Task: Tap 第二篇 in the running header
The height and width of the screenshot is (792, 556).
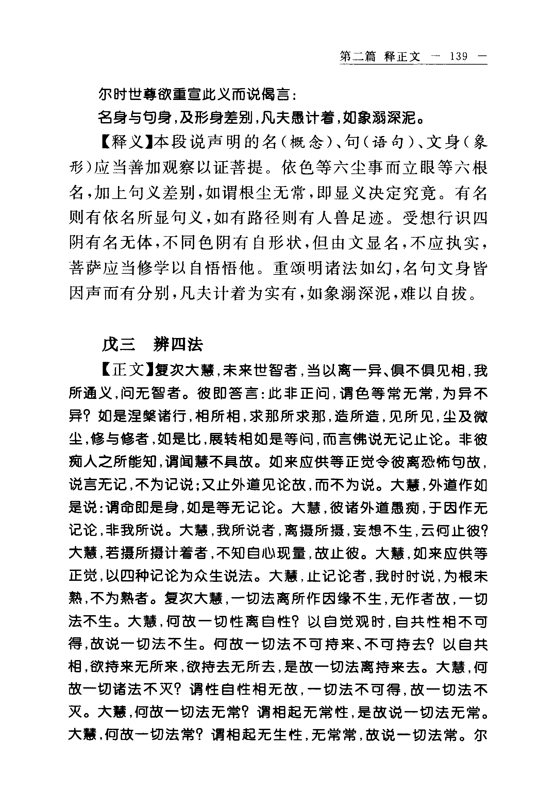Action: [x=357, y=56]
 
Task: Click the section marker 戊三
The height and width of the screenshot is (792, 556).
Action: [x=118, y=344]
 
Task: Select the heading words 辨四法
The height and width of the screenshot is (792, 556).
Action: [x=178, y=344]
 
